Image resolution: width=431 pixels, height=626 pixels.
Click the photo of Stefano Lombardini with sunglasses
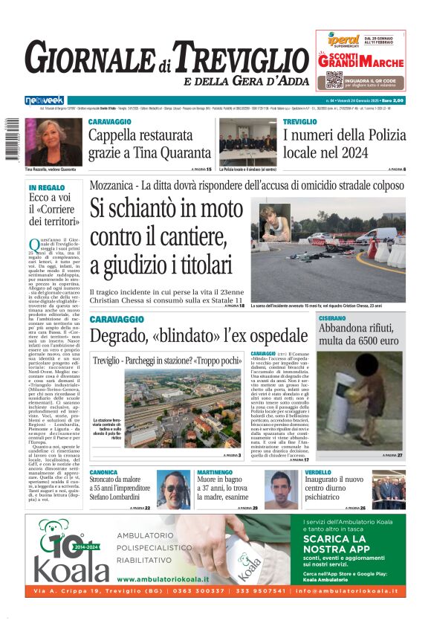173,489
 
